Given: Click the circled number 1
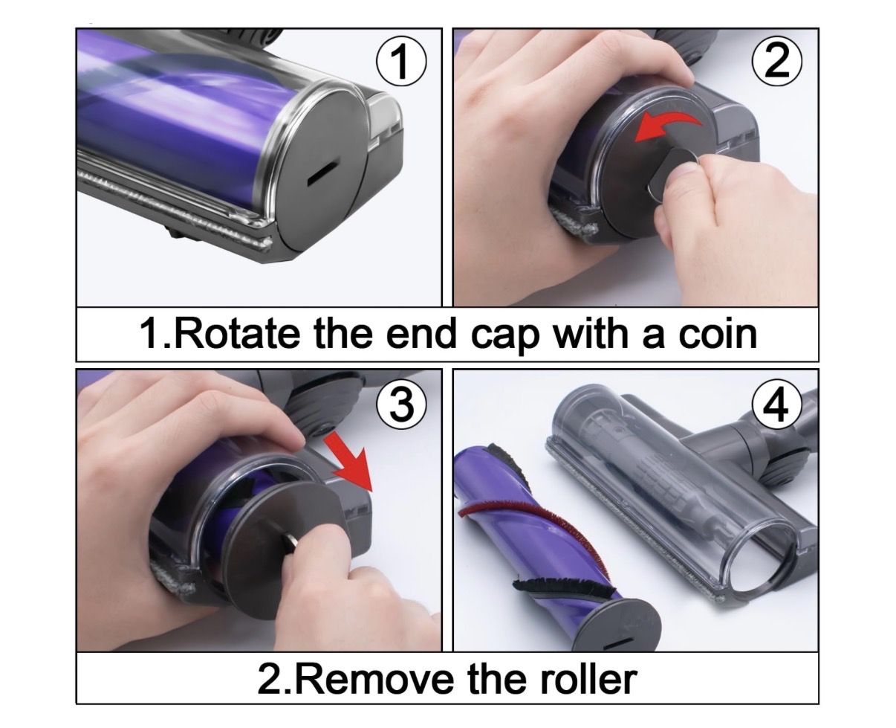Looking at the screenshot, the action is (401, 62).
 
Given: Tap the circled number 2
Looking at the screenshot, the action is (776, 62).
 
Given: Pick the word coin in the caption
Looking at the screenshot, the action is (718, 334).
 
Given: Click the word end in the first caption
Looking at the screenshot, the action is (421, 334).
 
